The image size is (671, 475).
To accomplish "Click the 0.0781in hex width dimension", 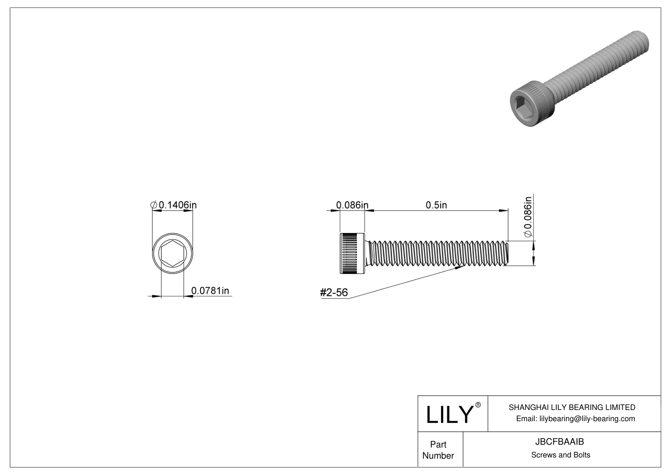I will click(210, 290).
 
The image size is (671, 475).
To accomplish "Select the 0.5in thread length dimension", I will click(436, 205).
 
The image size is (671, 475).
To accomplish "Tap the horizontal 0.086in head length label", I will click(352, 205).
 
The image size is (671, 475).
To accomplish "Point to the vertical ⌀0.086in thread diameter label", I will click(528, 218).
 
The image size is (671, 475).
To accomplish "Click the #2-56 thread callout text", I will click(334, 293).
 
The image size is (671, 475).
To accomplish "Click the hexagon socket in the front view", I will click(173, 254).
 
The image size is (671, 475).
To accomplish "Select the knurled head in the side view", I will click(352, 253).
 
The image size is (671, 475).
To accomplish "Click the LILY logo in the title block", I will click(449, 414).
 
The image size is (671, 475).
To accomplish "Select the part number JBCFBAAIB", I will click(560, 441).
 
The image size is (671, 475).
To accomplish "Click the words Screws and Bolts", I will click(560, 455).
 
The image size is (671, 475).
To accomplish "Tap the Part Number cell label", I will click(438, 450).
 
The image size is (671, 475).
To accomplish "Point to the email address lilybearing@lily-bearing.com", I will click(575, 418).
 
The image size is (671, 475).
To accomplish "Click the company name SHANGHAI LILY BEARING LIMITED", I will click(572, 407).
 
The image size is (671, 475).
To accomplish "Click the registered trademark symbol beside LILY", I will click(478, 405).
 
